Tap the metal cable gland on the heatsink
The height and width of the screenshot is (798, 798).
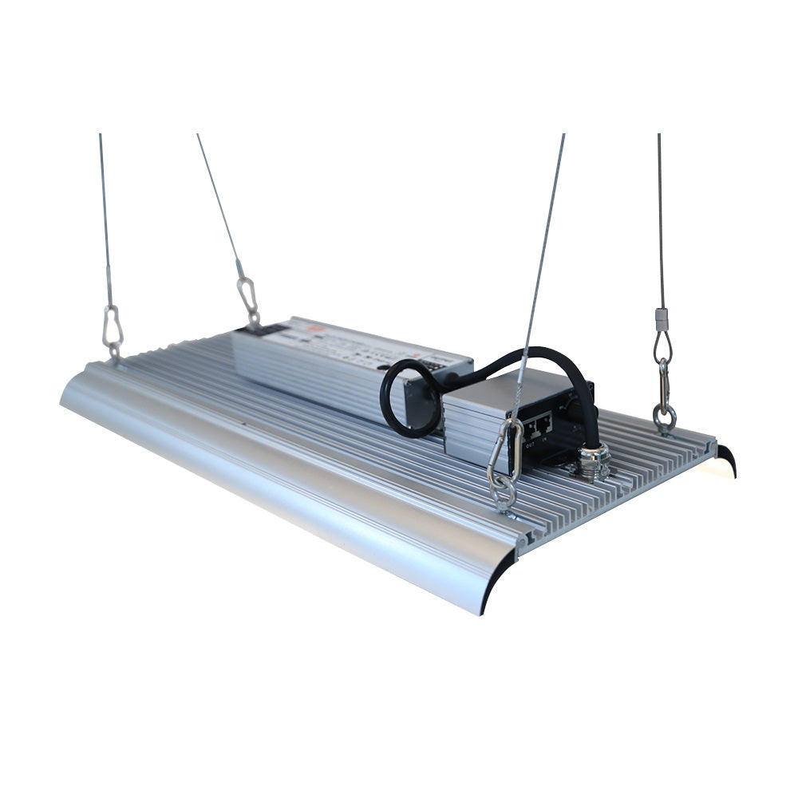tap(595, 462)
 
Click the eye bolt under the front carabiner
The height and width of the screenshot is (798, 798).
tap(504, 499)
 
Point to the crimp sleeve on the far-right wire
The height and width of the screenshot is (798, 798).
tap(661, 318)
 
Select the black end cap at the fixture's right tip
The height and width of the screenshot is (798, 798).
tap(727, 460)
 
